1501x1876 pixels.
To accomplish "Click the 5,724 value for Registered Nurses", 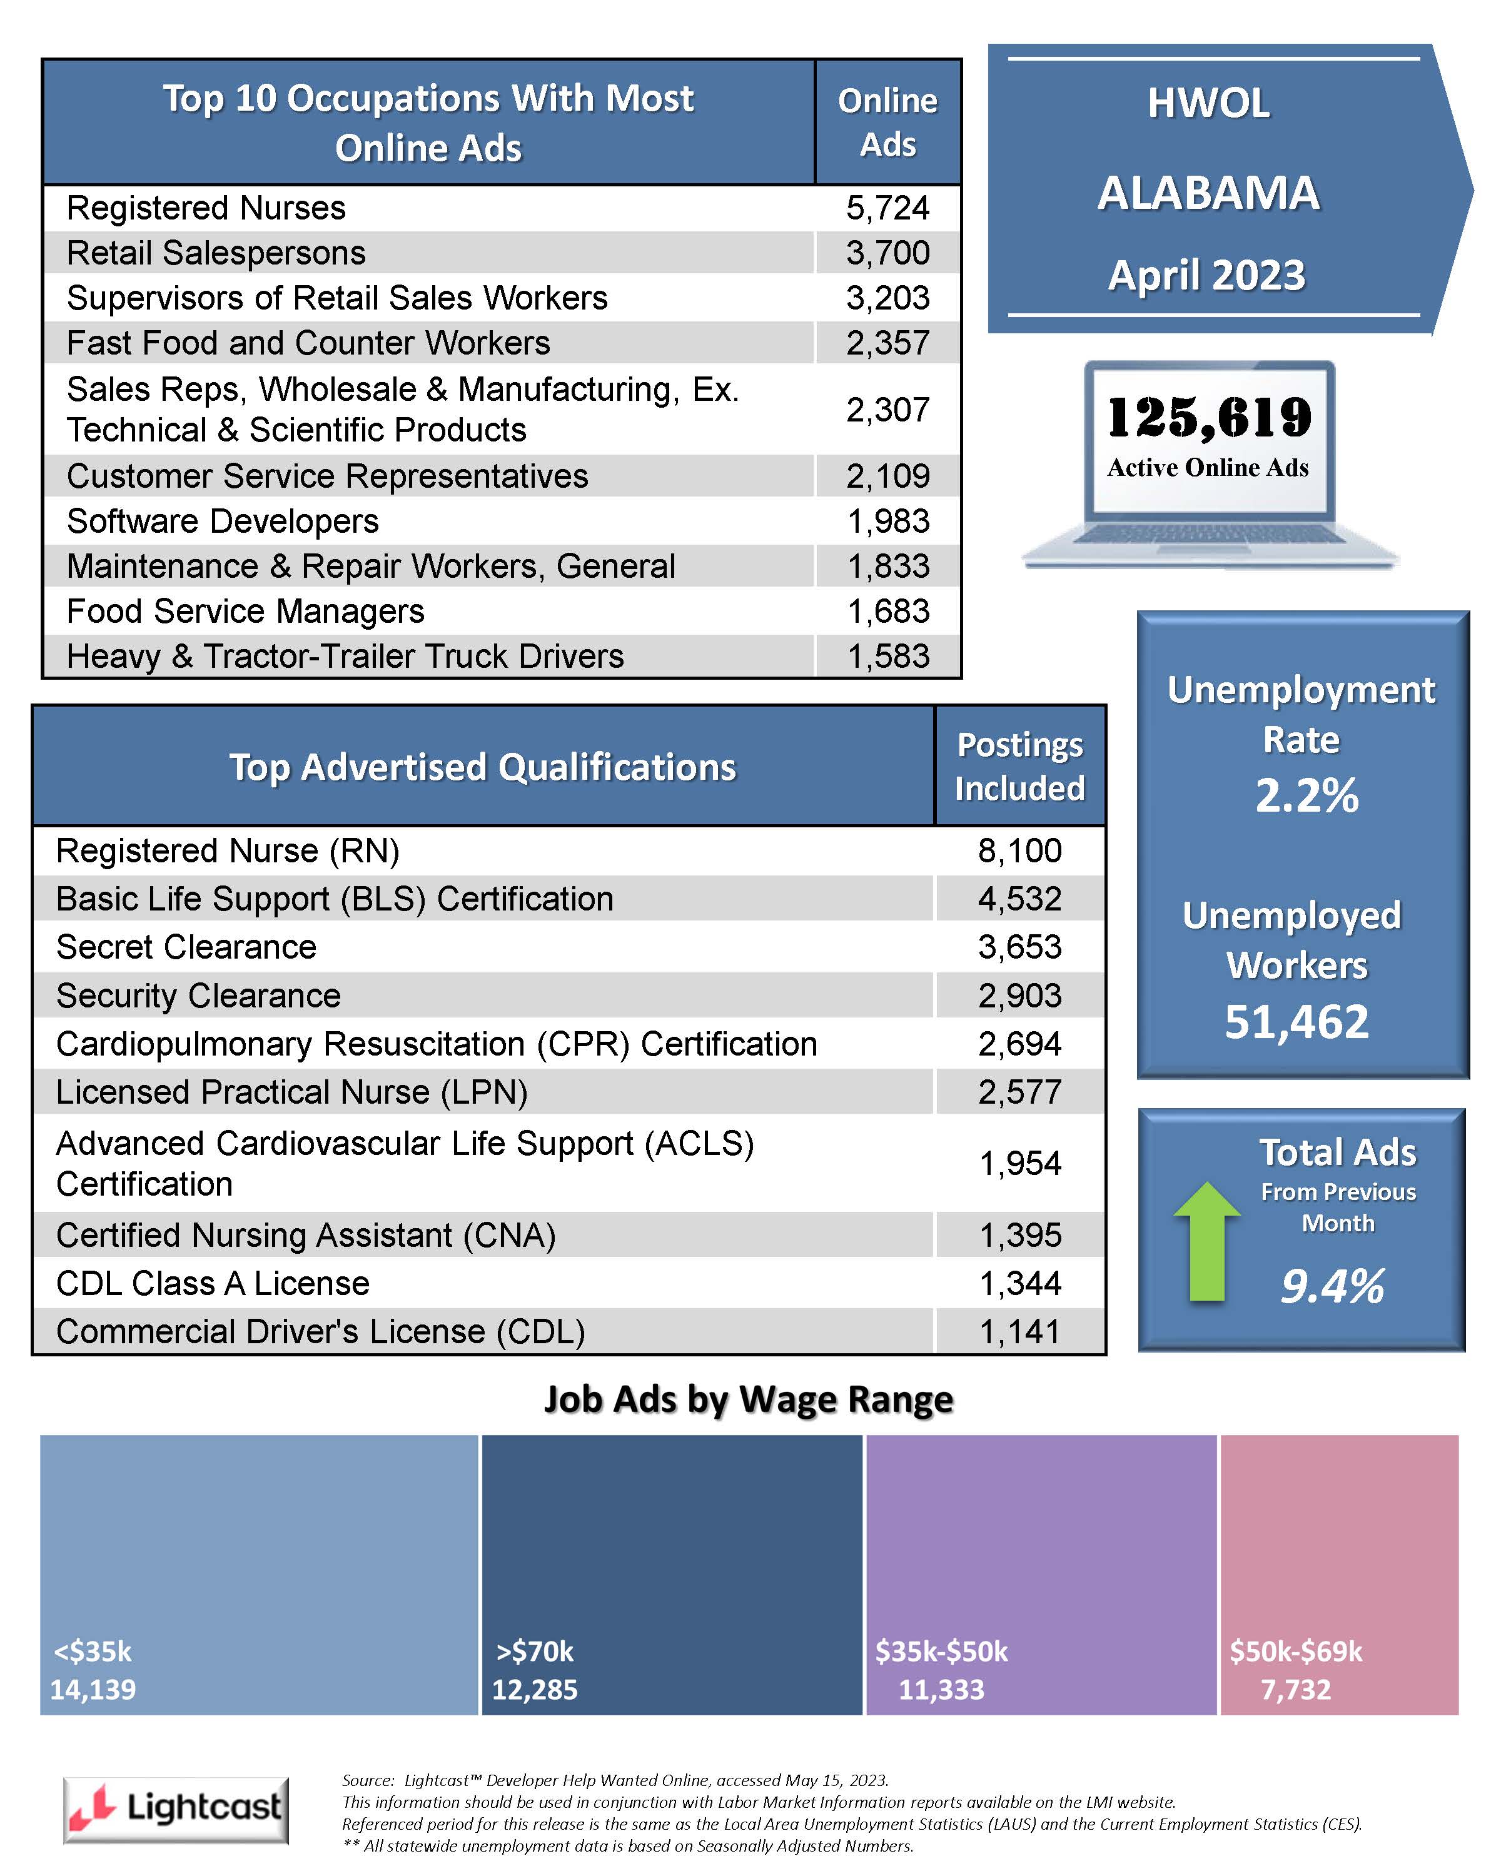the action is pyautogui.click(x=887, y=208).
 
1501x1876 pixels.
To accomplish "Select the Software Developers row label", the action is pyautogui.click(x=223, y=521).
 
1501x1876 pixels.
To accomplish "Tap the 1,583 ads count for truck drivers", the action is pyautogui.click(x=889, y=656).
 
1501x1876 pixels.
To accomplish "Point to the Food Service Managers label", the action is pyautogui.click(x=245, y=611).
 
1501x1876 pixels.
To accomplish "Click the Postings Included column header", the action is pyautogui.click(x=1020, y=767).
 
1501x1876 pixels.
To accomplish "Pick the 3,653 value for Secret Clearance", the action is pyautogui.click(x=1020, y=947).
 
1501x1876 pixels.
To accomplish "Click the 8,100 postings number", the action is pyautogui.click(x=1020, y=850).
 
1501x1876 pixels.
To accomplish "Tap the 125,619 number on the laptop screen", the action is pyautogui.click(x=1209, y=418).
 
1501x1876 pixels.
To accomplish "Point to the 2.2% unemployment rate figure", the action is pyautogui.click(x=1306, y=796).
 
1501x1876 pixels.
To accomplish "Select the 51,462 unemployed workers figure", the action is pyautogui.click(x=1296, y=1022).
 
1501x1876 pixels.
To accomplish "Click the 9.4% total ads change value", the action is pyautogui.click(x=1332, y=1287).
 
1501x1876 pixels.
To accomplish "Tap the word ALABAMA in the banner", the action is pyautogui.click(x=1209, y=193).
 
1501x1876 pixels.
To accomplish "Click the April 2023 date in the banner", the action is pyautogui.click(x=1207, y=276).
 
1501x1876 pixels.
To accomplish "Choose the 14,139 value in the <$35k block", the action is pyautogui.click(x=93, y=1690).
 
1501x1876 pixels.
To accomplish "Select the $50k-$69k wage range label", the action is pyautogui.click(x=1296, y=1652).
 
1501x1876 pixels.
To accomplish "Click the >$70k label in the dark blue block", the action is pyautogui.click(x=535, y=1652).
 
